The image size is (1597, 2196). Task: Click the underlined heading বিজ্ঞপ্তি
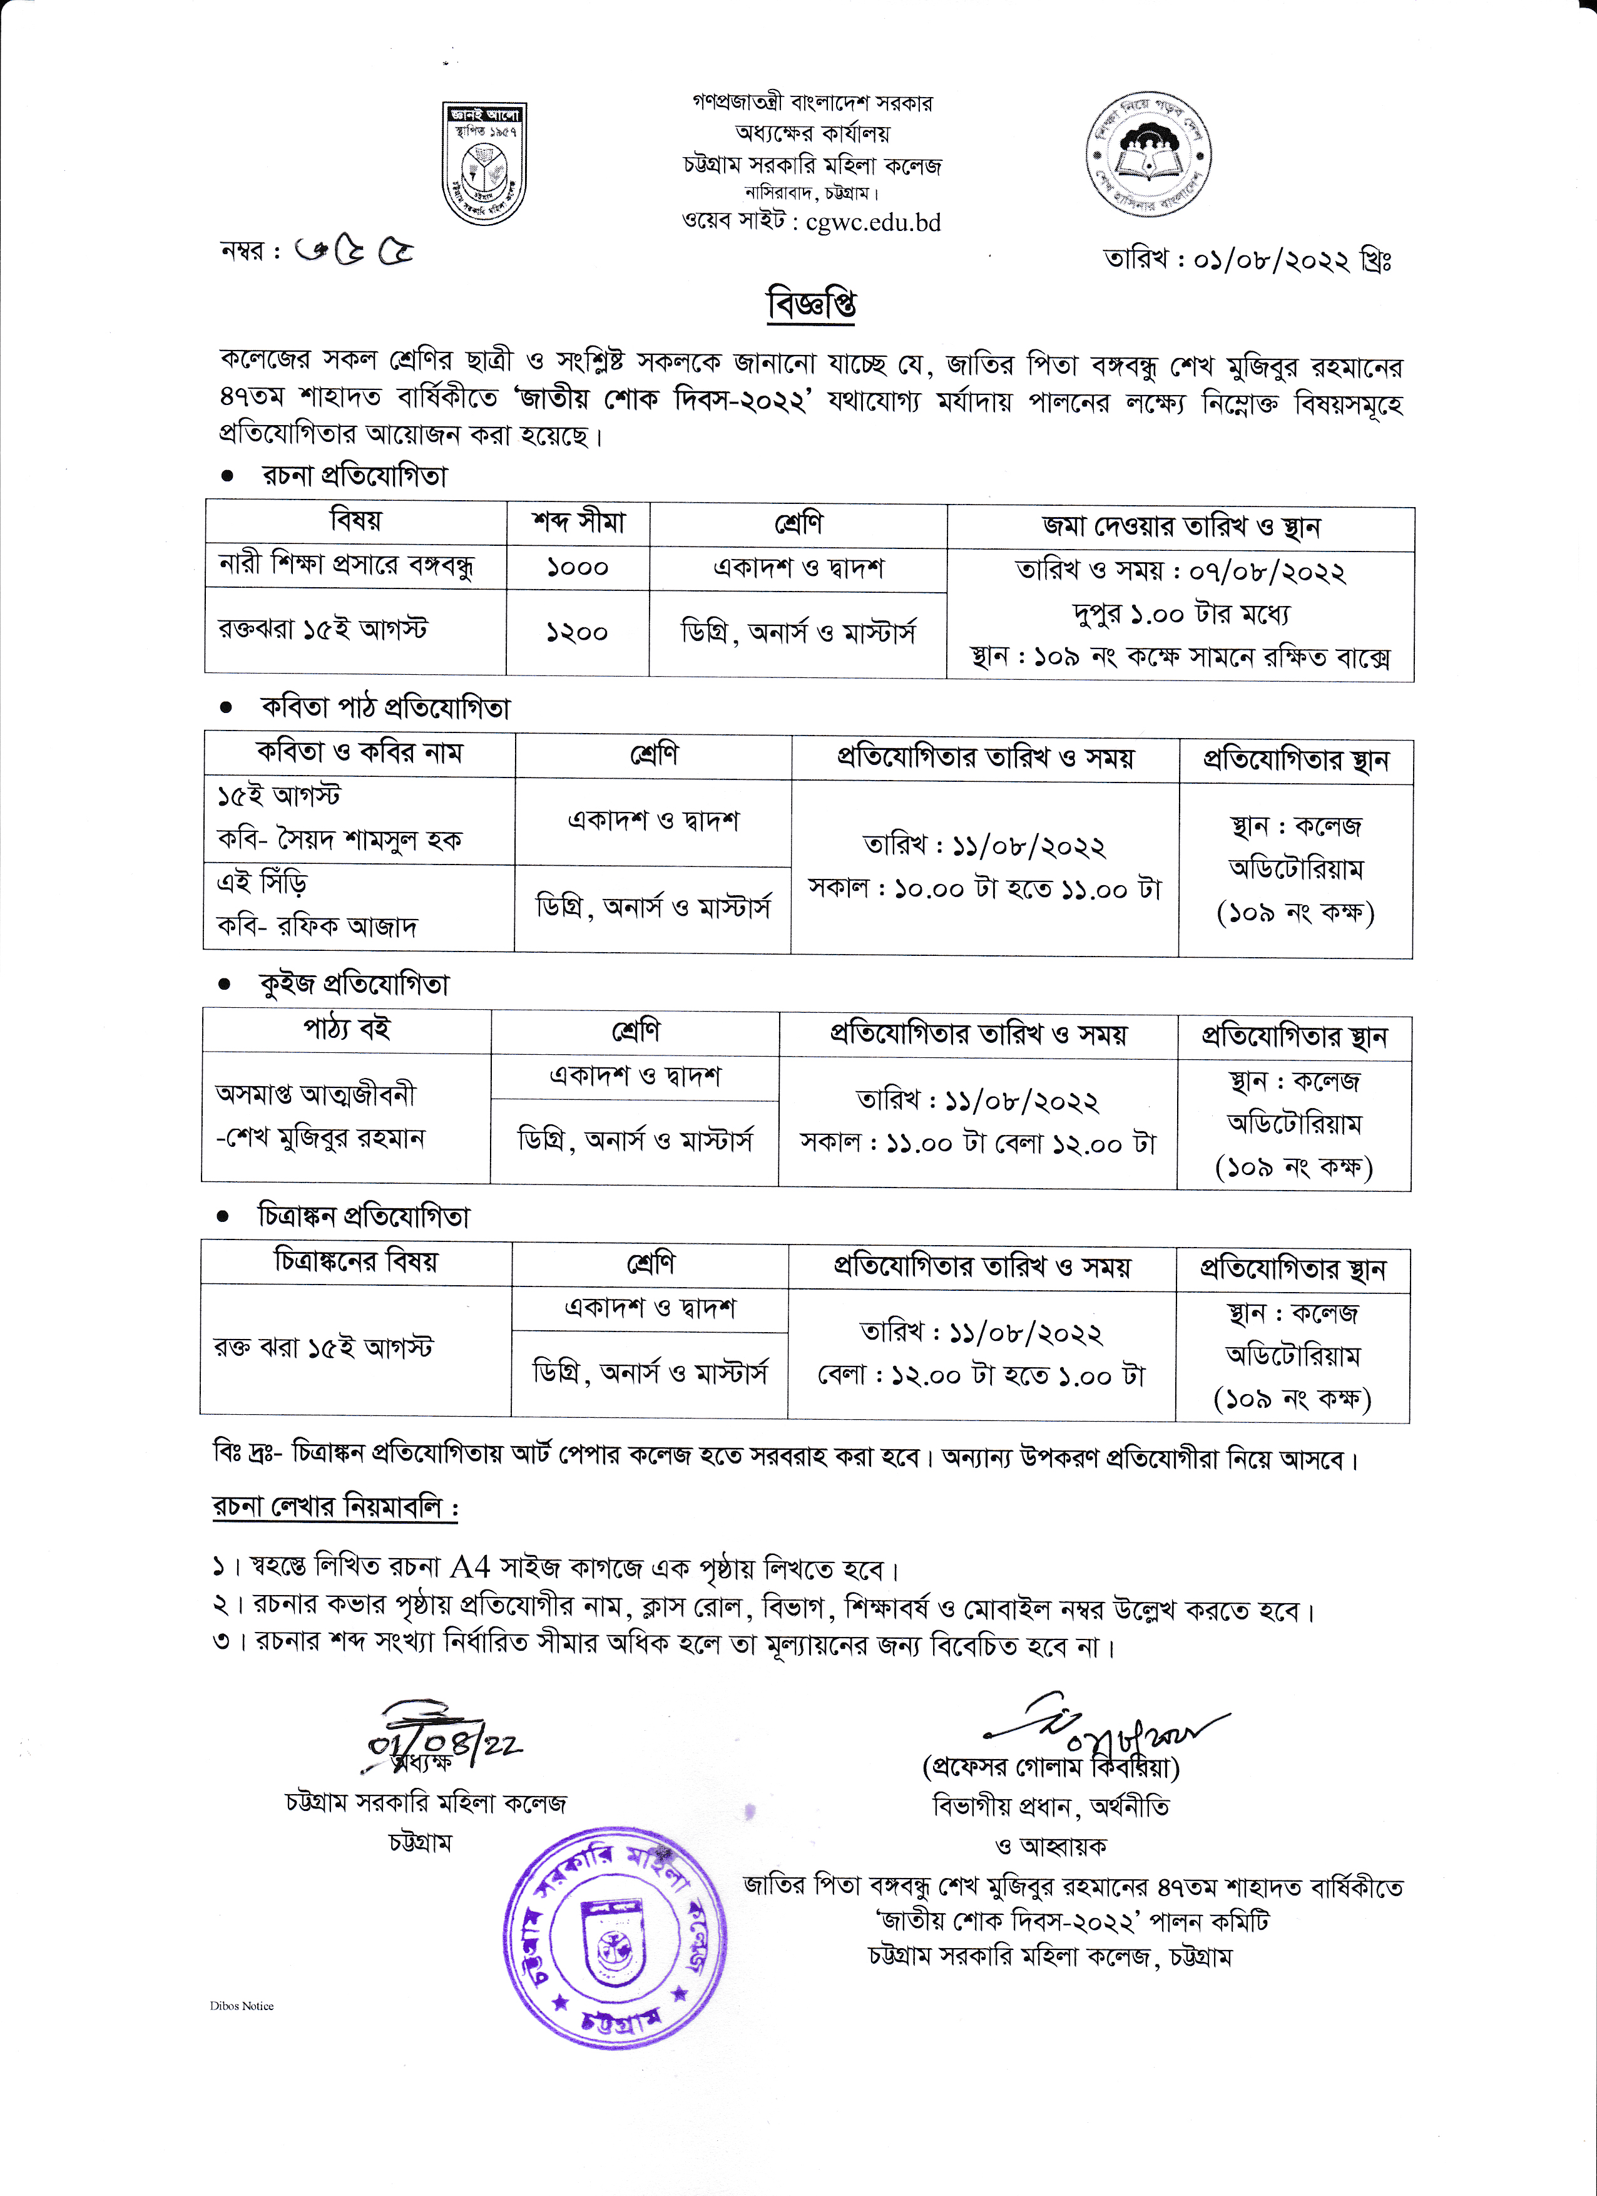click(x=811, y=304)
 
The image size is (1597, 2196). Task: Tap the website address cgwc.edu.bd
click(x=873, y=223)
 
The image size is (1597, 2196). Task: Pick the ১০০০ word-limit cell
click(x=577, y=567)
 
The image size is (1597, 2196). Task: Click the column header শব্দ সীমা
click(x=578, y=523)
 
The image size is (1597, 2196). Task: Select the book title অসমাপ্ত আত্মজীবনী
click(x=315, y=1094)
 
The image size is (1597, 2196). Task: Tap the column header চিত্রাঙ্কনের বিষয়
click(x=355, y=1261)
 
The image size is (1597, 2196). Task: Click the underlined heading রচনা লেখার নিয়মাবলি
click(x=334, y=1507)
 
